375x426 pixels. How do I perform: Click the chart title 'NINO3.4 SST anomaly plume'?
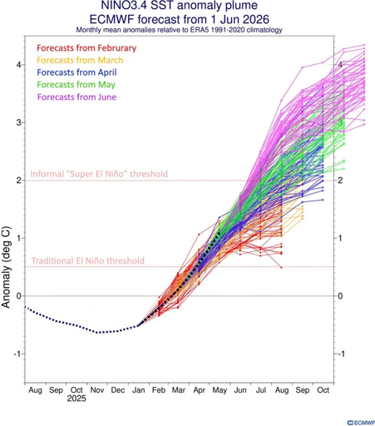click(x=179, y=5)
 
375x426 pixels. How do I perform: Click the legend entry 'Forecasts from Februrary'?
click(x=86, y=48)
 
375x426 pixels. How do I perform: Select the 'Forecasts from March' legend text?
click(x=80, y=60)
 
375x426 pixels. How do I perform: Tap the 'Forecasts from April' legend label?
click(x=76, y=72)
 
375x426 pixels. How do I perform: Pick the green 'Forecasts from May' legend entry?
click(x=76, y=85)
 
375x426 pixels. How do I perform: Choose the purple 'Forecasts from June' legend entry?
click(x=76, y=97)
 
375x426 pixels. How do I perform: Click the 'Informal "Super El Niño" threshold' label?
click(x=99, y=174)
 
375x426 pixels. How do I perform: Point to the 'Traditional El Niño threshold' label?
click(x=87, y=260)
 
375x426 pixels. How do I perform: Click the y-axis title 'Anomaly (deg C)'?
click(x=6, y=267)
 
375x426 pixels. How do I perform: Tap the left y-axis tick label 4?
click(x=19, y=65)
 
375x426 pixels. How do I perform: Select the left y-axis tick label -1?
click(x=17, y=354)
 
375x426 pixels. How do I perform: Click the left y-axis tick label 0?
click(x=19, y=296)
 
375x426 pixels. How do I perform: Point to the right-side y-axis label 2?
click(x=340, y=181)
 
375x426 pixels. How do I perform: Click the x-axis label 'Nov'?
click(x=97, y=390)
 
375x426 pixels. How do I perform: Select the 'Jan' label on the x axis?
click(x=138, y=390)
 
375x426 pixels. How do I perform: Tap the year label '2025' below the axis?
click(x=76, y=399)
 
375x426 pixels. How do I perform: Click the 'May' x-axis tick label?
click(x=220, y=390)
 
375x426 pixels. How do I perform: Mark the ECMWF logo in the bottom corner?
click(x=361, y=423)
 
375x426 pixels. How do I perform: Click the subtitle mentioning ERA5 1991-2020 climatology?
click(x=179, y=30)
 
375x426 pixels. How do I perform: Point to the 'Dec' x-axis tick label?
click(x=118, y=390)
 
